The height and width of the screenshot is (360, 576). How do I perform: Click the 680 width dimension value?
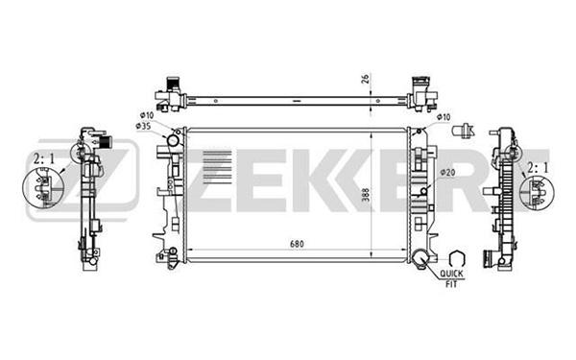coord(297,244)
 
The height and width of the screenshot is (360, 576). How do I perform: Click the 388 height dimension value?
coord(366,195)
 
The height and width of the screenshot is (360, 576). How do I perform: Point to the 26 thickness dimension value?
coord(366,79)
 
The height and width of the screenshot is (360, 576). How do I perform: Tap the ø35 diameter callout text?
coord(144,126)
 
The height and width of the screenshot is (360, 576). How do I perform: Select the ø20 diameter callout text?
coord(447,172)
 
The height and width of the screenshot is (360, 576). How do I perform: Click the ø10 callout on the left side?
coord(147,115)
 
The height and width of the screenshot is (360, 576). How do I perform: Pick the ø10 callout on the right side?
coord(444,117)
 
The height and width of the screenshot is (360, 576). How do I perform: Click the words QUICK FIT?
coord(452,278)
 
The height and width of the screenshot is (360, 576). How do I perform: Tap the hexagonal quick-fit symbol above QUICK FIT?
coord(457,258)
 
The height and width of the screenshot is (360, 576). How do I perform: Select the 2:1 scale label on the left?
coord(44,159)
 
